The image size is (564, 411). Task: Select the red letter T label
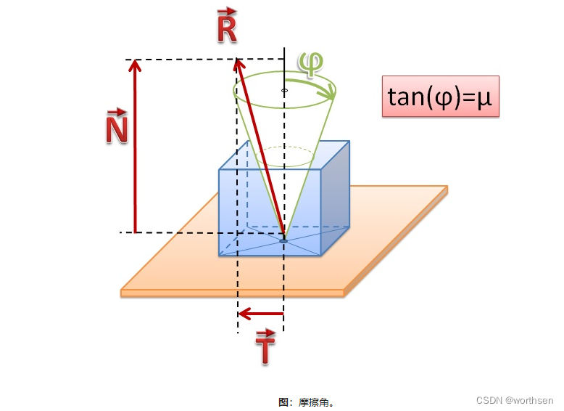(x=266, y=350)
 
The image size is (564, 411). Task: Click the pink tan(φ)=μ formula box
(x=440, y=96)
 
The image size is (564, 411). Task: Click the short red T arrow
(x=261, y=314)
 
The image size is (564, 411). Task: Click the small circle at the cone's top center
(x=284, y=91)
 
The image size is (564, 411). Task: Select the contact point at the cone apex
(x=283, y=239)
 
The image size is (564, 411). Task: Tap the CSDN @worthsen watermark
(x=515, y=400)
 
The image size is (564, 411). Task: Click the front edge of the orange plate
(x=232, y=293)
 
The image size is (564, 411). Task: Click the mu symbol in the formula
(x=484, y=97)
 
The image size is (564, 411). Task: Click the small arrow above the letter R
(x=227, y=11)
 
